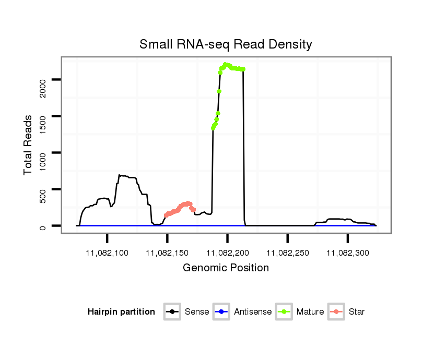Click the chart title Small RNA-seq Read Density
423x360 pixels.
[x=226, y=44]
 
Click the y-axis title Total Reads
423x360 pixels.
[x=28, y=145]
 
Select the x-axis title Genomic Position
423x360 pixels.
[x=226, y=268]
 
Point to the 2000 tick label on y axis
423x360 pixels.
[x=43, y=80]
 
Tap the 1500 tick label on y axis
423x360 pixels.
[x=43, y=116]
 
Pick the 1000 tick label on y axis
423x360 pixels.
[x=43, y=153]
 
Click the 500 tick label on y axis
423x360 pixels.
[x=43, y=189]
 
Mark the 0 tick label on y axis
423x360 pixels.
[x=43, y=226]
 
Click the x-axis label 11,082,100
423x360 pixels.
[x=107, y=253]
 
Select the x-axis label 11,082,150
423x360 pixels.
[x=167, y=253]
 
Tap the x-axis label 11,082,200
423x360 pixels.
[x=227, y=253]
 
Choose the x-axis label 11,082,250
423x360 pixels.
[x=287, y=253]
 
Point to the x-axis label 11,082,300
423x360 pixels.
[x=347, y=253]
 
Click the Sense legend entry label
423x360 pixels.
[x=197, y=312]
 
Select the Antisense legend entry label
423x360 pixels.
[x=253, y=312]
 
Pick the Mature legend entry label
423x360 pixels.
[x=310, y=312]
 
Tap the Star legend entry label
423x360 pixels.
[x=357, y=312]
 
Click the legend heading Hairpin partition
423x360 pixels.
[x=121, y=312]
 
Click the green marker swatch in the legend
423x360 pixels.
[x=284, y=312]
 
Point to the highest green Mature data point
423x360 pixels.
[x=226, y=64]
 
